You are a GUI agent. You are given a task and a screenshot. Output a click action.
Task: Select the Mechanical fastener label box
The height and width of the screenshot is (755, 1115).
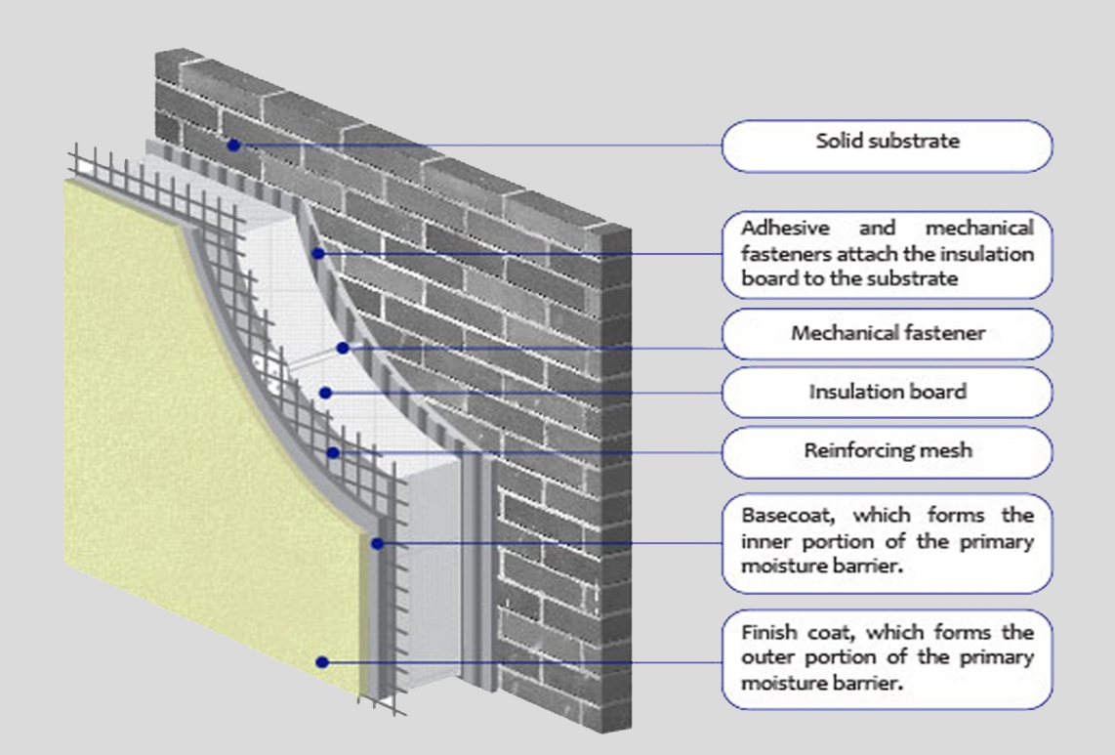(887, 334)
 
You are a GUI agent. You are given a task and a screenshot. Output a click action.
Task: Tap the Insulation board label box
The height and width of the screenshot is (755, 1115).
(887, 393)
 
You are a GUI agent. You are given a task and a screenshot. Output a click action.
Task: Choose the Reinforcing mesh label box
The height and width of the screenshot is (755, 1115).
(887, 451)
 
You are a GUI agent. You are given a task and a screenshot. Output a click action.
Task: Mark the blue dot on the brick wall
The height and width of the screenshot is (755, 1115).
(233, 145)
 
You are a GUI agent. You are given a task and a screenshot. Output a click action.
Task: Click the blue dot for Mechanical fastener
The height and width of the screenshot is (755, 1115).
(343, 347)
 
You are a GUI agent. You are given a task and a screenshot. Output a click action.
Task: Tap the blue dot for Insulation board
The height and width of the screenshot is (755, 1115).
(326, 393)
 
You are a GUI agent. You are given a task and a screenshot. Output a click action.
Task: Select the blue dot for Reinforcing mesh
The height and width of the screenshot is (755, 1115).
(334, 452)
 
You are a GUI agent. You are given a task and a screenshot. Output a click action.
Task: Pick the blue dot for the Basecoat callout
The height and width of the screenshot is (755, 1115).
(377, 543)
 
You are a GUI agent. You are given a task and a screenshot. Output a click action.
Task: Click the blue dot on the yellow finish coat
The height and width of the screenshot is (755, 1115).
(322, 661)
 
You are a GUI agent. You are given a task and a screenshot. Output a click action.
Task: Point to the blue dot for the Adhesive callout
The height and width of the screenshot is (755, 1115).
(317, 254)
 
